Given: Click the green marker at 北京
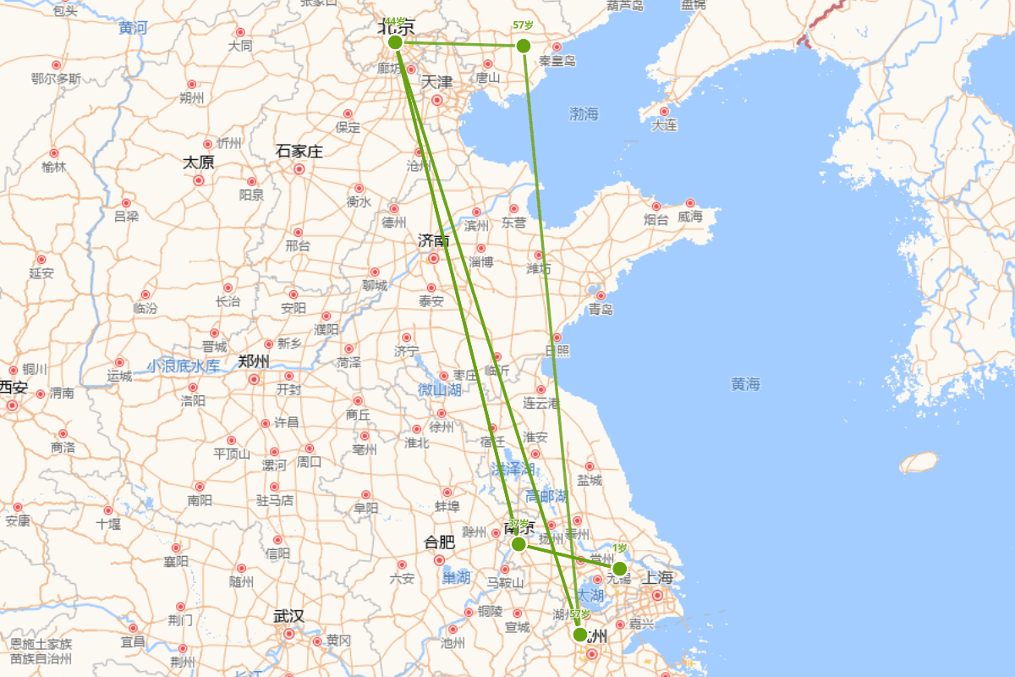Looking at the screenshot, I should (394, 42).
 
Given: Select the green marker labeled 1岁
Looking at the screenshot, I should (619, 568).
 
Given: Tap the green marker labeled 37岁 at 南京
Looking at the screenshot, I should (518, 544).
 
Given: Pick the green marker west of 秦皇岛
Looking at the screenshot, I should (523, 45).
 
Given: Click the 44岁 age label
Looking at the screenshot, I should (394, 22).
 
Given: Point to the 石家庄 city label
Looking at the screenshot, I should (299, 151).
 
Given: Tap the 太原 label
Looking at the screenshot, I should (199, 162).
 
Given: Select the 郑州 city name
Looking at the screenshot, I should (254, 361).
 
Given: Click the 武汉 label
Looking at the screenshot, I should (288, 615).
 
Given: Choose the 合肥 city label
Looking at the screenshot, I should (439, 542).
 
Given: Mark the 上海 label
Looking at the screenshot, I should (658, 578).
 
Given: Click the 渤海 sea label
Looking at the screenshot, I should (584, 113).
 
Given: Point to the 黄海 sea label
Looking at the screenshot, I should (745, 384).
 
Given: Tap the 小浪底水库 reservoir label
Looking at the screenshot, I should (184, 366).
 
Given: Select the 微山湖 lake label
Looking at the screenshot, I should (440, 390).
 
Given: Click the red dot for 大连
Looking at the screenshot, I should (664, 111).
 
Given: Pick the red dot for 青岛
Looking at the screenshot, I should (600, 295).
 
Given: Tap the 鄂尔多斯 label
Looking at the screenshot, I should (56, 80).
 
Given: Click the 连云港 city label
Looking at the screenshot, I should (541, 403).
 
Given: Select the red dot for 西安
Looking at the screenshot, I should (12, 405).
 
